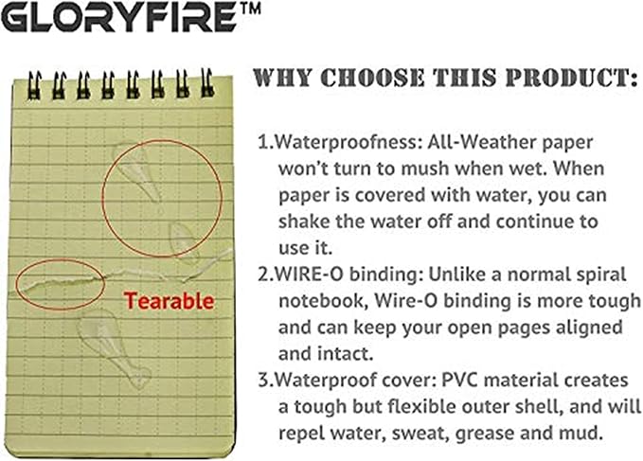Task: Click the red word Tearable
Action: click(170, 303)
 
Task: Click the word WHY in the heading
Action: click(284, 79)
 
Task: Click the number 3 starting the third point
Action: click(264, 381)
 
